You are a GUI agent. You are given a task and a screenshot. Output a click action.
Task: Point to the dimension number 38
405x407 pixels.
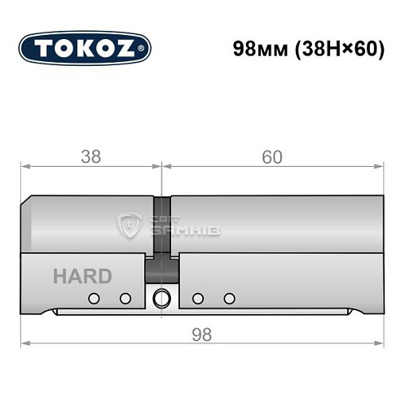pos(92,157)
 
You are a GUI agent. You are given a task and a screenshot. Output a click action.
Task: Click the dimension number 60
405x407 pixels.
pos(272,157)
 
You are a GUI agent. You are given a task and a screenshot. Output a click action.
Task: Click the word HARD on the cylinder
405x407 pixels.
pos(82,276)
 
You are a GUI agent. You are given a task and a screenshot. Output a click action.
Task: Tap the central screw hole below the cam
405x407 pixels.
pos(161,296)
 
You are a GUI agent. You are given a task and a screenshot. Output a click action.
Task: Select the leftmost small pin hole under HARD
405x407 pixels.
pos(94,298)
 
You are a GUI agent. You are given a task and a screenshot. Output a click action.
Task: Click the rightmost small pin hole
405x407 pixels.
pos(229,298)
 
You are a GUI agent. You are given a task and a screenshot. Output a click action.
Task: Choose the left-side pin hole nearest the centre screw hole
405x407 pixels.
pos(125,298)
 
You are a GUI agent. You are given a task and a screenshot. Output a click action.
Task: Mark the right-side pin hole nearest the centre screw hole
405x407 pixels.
pos(197,298)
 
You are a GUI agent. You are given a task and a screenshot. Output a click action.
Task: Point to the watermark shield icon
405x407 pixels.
pos(130,225)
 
